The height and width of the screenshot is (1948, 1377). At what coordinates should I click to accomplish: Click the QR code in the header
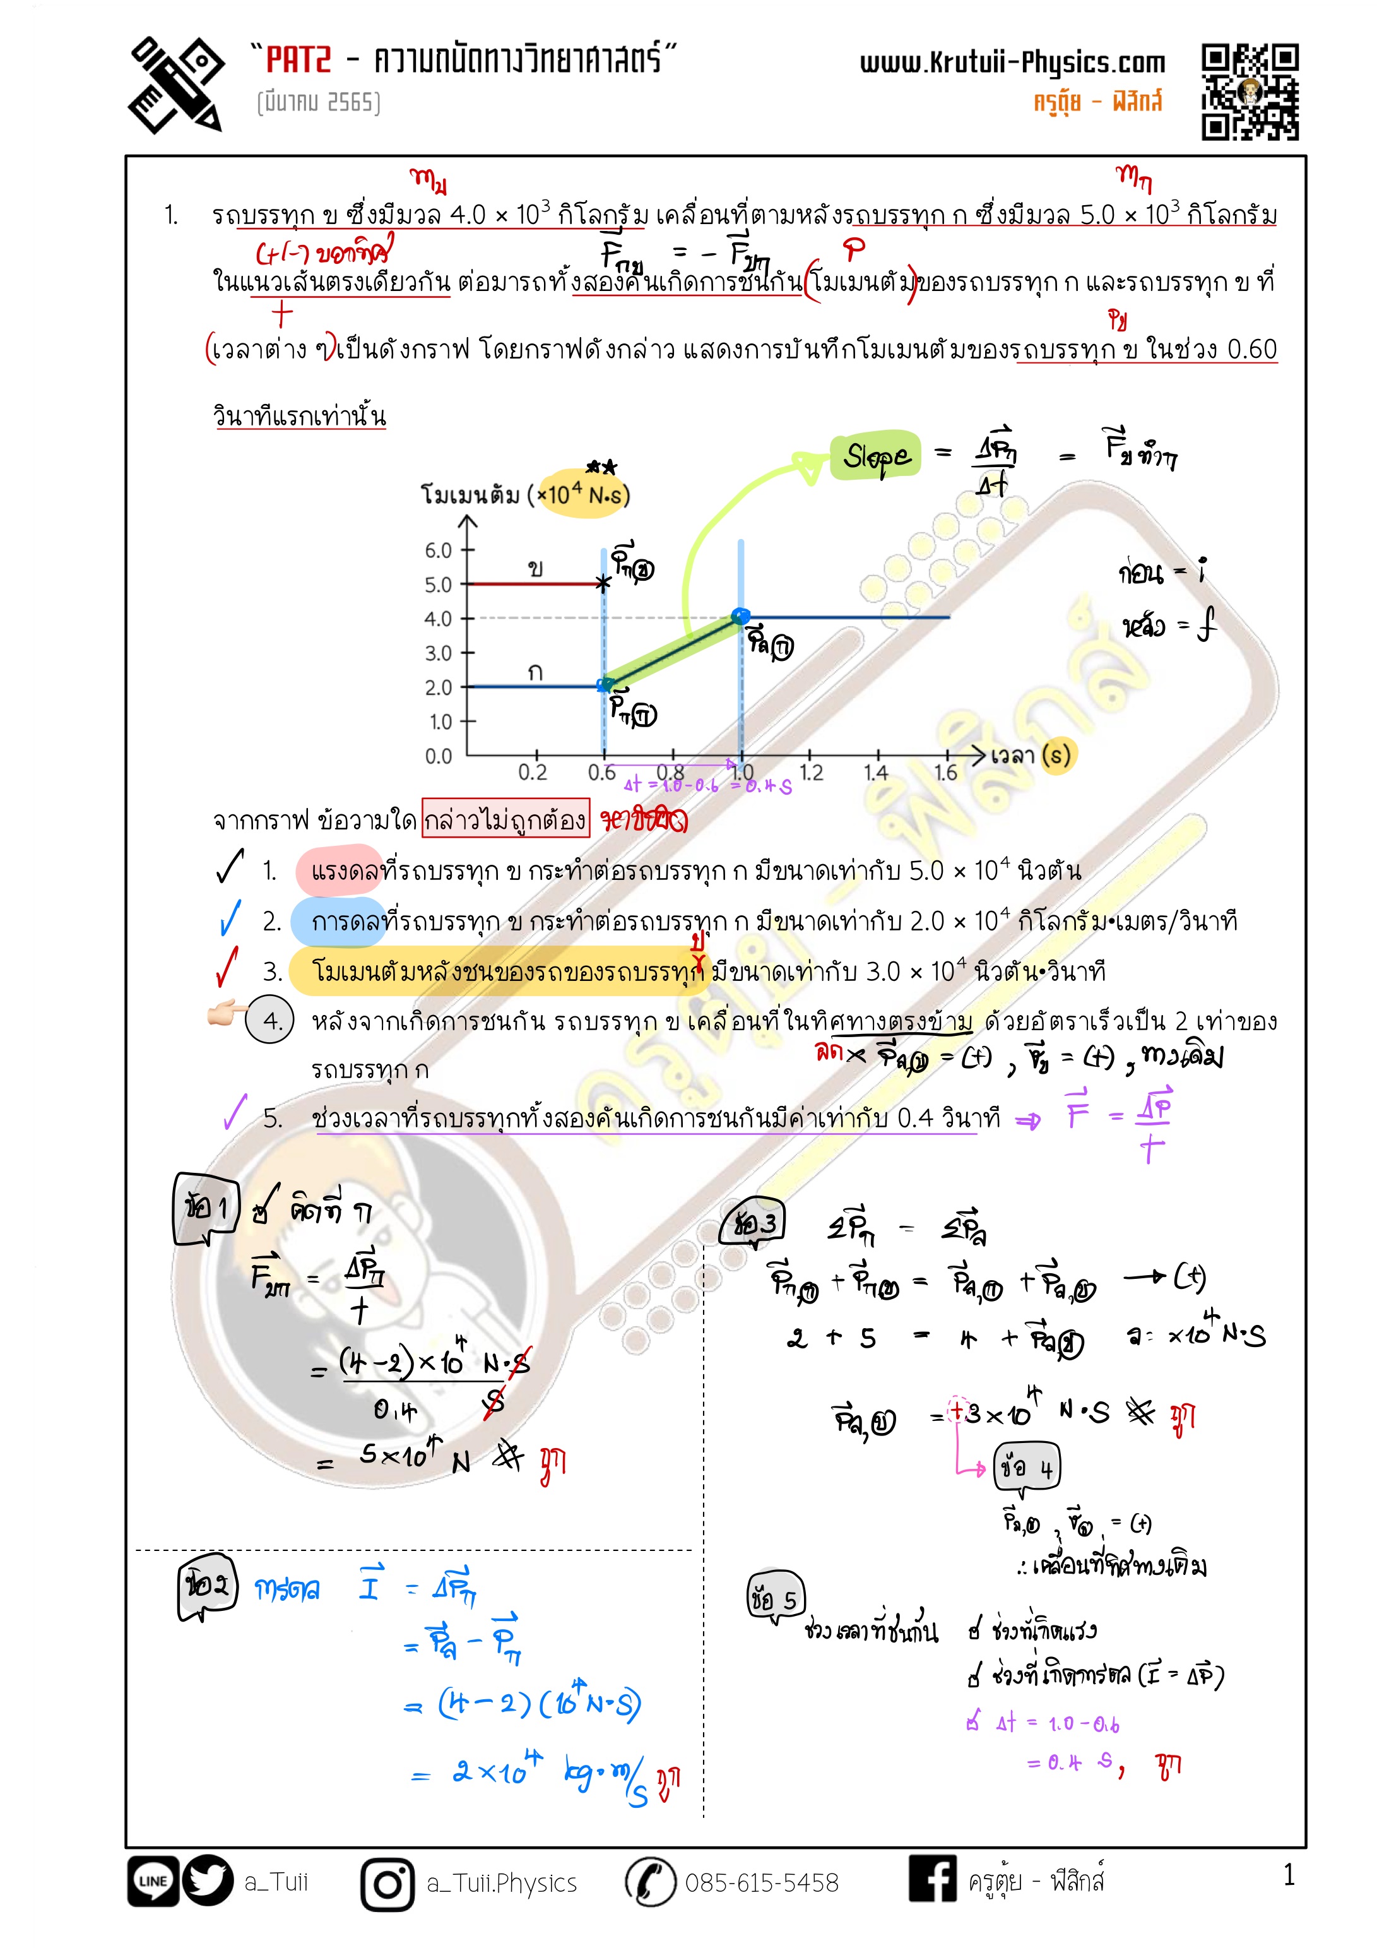1249,92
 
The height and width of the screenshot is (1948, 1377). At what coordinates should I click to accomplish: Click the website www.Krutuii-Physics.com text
1012,62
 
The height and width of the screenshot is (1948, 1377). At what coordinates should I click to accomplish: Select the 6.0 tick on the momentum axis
439,550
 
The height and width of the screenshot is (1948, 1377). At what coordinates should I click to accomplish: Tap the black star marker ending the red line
603,583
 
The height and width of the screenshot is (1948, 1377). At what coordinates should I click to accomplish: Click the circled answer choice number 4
270,1020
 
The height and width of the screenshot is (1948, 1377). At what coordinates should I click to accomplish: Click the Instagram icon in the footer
387,1884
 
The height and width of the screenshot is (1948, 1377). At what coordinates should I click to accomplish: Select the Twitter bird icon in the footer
208,1881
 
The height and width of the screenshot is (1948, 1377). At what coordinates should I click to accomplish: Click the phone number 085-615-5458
761,1884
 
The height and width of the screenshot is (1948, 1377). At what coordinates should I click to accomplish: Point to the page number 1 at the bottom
1289,1875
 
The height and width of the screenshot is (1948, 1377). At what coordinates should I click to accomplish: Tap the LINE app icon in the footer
153,1881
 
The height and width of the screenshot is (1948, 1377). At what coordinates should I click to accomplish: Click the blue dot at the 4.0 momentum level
740,615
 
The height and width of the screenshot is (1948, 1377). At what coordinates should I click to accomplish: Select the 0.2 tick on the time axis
533,772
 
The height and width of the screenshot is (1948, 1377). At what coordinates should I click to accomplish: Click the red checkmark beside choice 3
227,968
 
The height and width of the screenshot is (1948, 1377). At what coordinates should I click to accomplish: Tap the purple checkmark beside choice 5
235,1112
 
